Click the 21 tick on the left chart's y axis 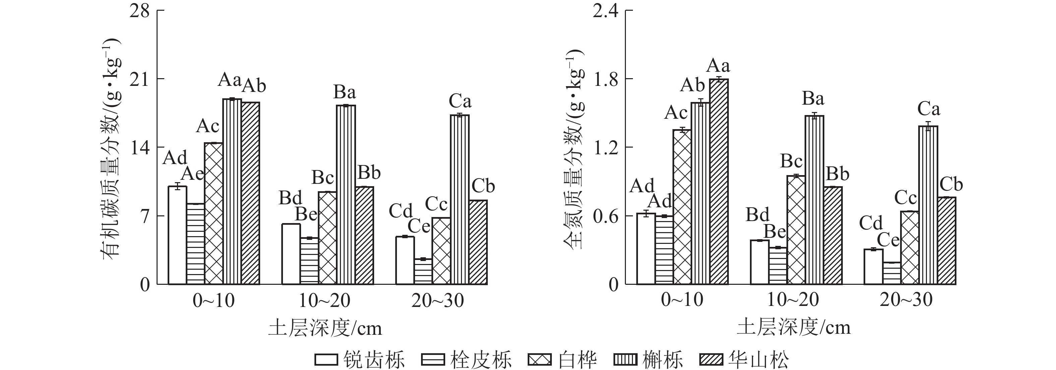139,79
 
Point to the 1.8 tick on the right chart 605,79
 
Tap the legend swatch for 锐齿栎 326,360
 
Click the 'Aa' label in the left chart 230,80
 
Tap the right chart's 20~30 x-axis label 906,301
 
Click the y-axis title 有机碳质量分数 112,148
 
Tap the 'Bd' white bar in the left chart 291,254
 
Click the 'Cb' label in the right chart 951,184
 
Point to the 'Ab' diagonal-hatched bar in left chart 250,193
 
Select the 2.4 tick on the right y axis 605,11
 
